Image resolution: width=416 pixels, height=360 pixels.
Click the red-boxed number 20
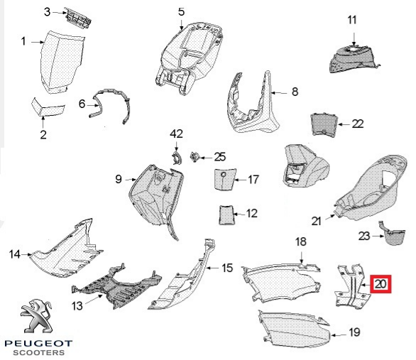click(x=381, y=284)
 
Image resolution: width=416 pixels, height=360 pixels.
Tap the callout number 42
click(x=177, y=133)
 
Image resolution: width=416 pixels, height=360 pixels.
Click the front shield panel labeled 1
click(x=62, y=62)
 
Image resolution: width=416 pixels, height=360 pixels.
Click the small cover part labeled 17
click(x=224, y=179)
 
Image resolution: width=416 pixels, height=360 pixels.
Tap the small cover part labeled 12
click(x=226, y=215)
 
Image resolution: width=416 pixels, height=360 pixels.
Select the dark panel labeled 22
click(x=324, y=124)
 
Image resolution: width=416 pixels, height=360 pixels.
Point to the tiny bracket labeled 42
click(x=177, y=158)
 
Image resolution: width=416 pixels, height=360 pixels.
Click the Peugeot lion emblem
click(x=37, y=316)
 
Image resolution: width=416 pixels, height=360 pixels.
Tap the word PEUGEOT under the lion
click(x=38, y=344)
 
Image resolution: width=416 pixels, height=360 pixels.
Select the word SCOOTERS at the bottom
click(x=39, y=353)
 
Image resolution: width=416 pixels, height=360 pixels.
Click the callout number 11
click(x=352, y=20)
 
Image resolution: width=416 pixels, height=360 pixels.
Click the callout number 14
click(x=15, y=254)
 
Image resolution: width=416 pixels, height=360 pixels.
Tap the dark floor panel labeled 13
click(x=116, y=289)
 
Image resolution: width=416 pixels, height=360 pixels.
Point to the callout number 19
click(x=354, y=332)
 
